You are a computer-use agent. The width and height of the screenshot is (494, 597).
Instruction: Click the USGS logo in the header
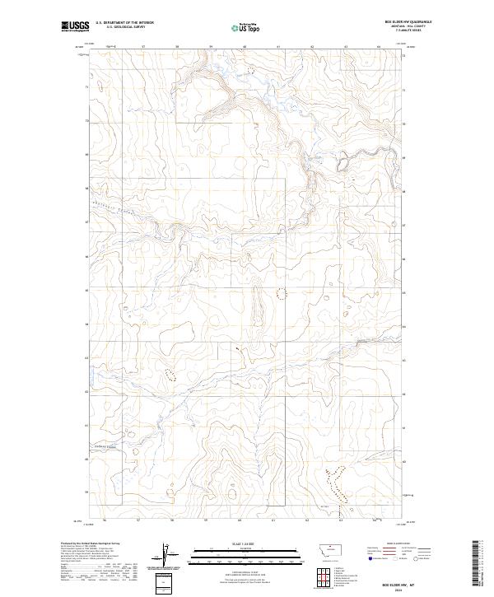point(76,27)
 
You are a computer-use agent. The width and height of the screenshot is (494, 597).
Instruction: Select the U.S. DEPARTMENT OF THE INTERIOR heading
point(124,22)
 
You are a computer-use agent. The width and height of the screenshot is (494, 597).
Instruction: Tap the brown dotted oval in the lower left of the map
point(170,375)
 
